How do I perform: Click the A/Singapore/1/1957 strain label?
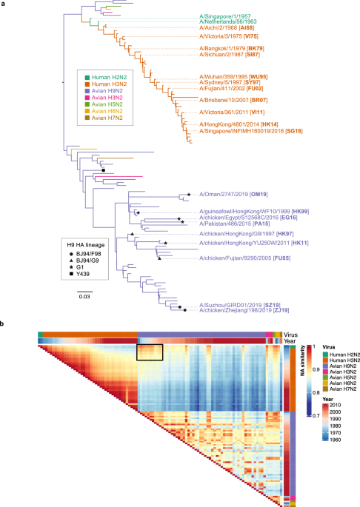(224, 16)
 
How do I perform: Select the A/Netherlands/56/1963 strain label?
(228, 23)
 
